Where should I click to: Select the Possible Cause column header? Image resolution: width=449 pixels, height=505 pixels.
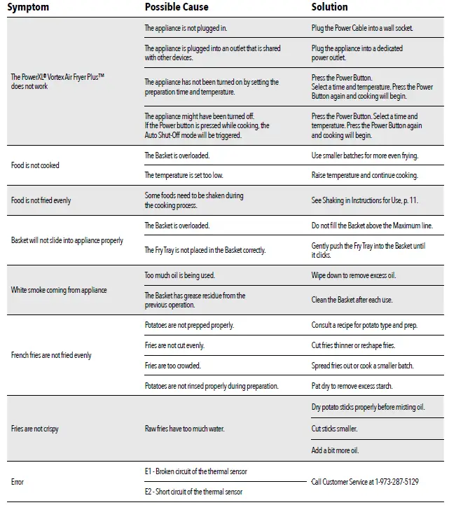point(176,7)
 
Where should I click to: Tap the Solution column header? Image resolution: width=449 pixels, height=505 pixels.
point(329,7)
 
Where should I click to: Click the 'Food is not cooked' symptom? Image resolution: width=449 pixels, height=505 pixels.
point(35,166)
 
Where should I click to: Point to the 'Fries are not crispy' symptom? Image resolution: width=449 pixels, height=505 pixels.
point(35,428)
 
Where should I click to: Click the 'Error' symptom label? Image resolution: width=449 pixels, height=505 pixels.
point(18,482)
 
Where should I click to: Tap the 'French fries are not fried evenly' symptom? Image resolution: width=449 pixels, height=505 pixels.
point(51,356)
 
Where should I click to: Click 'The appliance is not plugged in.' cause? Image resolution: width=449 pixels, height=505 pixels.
point(186,29)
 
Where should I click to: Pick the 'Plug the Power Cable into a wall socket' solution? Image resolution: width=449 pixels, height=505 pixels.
point(362,29)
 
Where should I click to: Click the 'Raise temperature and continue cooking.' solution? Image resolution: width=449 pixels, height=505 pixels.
point(364,175)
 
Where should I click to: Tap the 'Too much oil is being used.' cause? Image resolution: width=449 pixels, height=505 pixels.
point(179,275)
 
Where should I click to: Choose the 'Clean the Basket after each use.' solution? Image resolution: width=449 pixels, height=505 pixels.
point(352,300)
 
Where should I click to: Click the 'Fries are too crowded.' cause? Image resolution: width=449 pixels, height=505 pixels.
point(172,366)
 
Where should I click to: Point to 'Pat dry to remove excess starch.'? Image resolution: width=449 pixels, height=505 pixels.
point(352,386)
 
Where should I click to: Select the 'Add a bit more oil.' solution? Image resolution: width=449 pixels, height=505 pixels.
point(335,450)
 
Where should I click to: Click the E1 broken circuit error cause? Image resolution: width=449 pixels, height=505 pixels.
point(195,471)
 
